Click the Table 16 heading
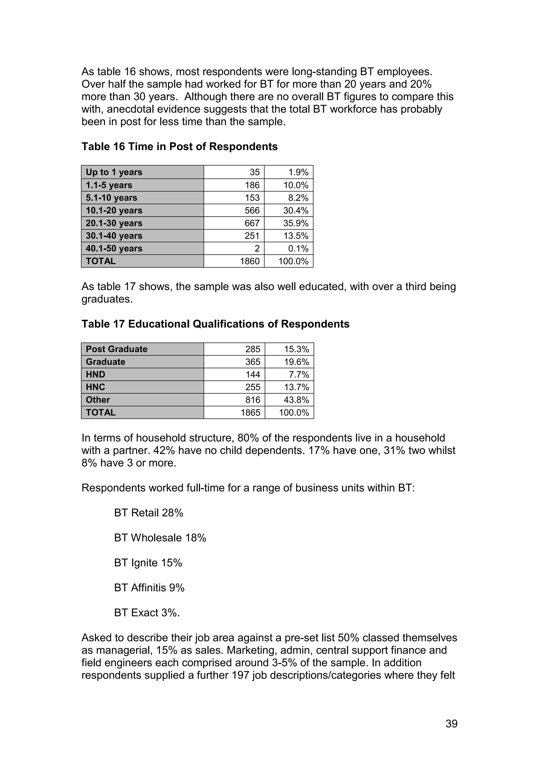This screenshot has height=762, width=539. [179, 146]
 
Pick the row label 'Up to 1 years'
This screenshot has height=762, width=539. [114, 172]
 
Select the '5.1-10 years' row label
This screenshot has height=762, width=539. [111, 198]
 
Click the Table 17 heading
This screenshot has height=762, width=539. [215, 324]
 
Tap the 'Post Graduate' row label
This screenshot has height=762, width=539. [117, 349]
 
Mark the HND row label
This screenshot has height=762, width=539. [95, 374]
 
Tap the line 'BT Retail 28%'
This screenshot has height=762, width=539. [148, 513]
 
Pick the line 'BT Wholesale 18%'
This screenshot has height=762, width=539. [160, 538]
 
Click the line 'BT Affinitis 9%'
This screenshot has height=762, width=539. [149, 588]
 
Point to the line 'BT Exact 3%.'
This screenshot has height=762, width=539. [147, 613]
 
